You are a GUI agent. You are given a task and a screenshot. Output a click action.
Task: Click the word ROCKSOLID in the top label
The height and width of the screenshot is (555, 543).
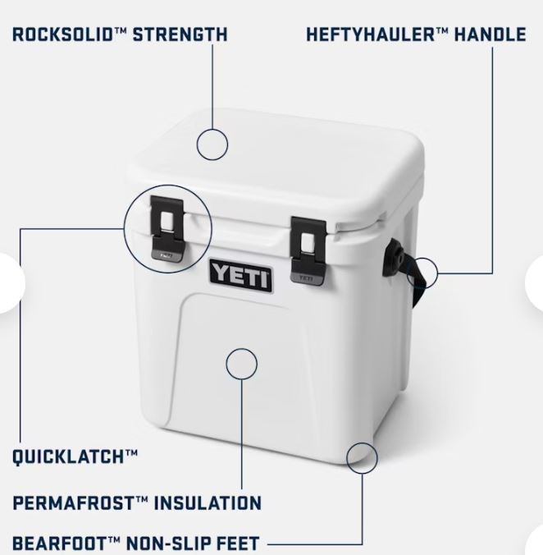tap(62, 34)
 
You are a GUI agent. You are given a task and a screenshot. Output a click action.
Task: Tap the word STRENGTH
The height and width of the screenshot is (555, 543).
tap(180, 34)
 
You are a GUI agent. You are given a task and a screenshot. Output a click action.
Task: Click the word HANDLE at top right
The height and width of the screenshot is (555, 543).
tap(490, 34)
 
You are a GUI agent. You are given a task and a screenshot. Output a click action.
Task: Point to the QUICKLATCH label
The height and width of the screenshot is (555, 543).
tap(75, 456)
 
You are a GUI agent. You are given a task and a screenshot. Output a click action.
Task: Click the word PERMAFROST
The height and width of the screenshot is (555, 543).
tap(74, 503)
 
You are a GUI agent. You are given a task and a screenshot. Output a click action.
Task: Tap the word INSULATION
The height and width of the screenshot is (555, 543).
tap(208, 503)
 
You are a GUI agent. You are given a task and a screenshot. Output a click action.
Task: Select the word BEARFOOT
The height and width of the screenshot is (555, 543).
tap(60, 544)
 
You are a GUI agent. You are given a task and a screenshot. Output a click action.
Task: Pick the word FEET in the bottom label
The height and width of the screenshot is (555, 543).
tap(238, 544)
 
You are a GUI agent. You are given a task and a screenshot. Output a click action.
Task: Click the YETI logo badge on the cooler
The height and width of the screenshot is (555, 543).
tap(241, 276)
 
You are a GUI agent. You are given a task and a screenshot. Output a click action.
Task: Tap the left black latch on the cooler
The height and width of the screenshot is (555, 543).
tap(167, 229)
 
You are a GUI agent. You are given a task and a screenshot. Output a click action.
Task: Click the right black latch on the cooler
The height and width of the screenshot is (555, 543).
tap(308, 250)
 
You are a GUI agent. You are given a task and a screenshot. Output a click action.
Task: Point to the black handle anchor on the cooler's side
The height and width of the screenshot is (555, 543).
tap(394, 257)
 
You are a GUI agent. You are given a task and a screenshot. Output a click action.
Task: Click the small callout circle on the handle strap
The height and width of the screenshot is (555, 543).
tap(437, 273)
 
